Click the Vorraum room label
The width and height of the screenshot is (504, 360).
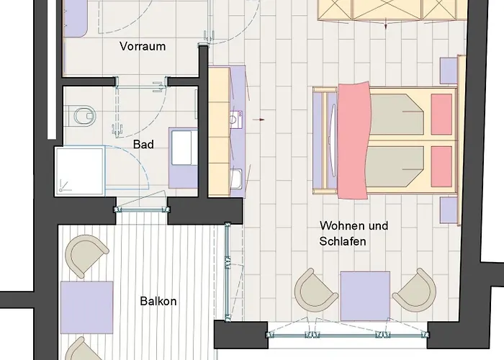(x=143, y=47)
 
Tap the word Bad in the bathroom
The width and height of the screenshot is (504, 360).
(x=144, y=144)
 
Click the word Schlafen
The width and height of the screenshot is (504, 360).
(x=343, y=242)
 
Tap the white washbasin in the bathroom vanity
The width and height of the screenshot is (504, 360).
(x=181, y=148)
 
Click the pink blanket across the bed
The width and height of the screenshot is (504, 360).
(x=353, y=140)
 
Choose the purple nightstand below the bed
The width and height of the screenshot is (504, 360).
(x=449, y=210)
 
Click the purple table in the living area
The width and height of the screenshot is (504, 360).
(x=365, y=295)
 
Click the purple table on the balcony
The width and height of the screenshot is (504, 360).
(x=86, y=305)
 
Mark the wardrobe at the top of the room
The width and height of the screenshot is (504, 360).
(x=386, y=11)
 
